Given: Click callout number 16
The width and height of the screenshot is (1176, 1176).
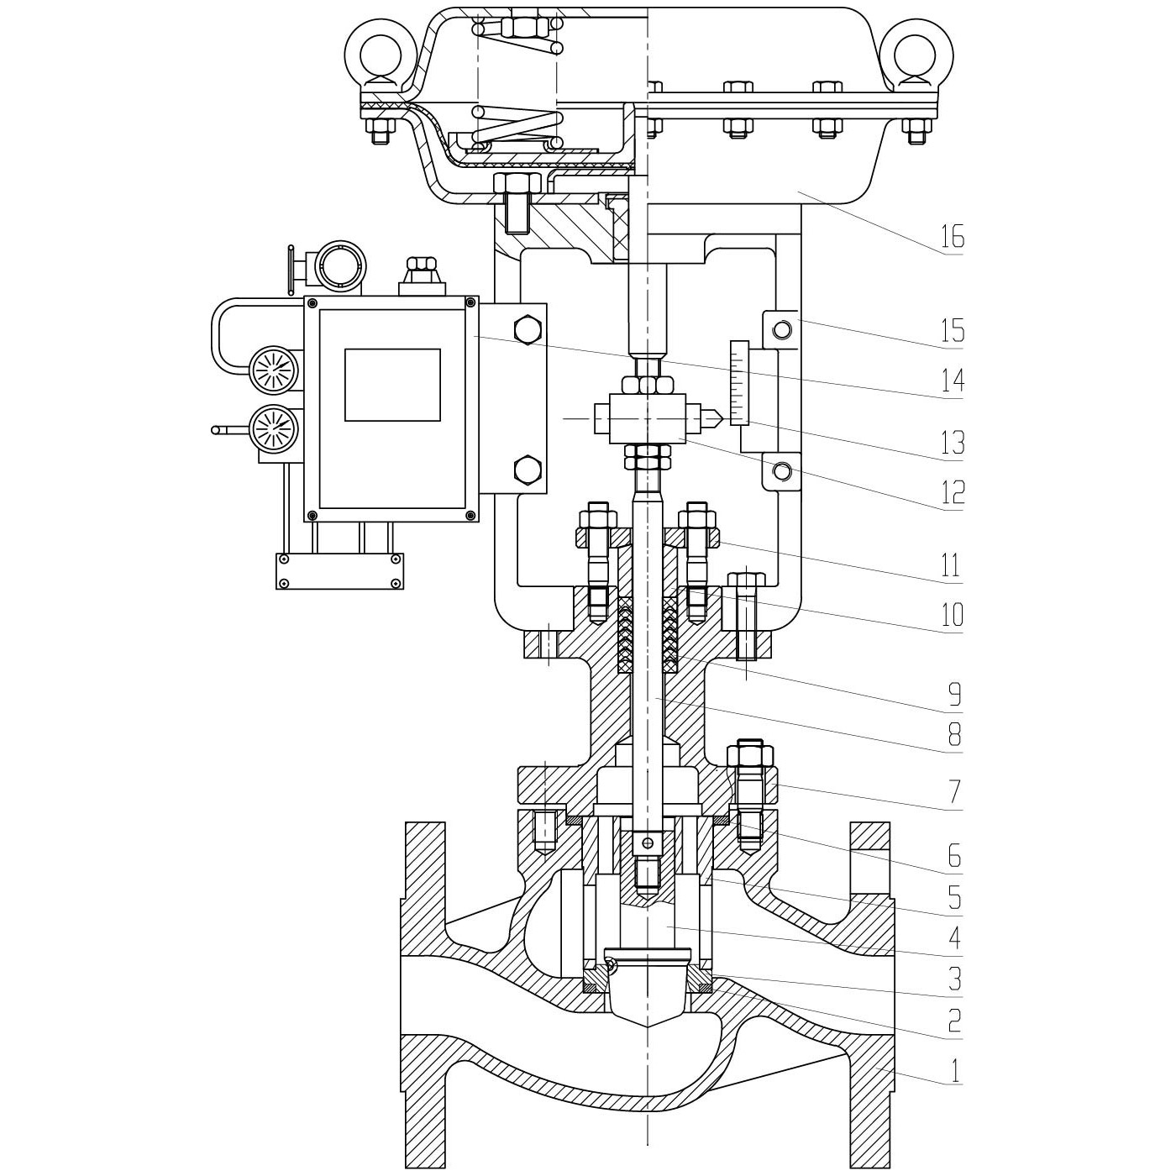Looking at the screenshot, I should coord(952,238).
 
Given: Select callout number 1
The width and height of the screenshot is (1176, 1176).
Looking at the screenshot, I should coord(953,1071).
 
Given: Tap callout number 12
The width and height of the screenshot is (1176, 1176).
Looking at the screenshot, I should coord(952,492).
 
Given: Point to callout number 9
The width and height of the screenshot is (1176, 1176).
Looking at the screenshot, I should coord(953,694).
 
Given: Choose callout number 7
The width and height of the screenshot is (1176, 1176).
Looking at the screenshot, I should coord(953,791).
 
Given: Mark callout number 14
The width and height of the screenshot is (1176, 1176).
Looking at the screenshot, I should coord(952,381).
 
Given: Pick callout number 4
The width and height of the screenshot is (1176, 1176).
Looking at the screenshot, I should coord(953,937).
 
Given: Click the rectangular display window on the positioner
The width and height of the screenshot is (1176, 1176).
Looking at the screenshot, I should coord(392,385).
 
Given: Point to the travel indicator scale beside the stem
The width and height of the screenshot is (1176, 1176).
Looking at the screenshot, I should coord(739,382).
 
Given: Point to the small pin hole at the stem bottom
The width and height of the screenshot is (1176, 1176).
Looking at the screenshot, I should coord(647,843).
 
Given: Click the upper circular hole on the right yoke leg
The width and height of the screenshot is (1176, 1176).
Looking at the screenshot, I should coord(782,329).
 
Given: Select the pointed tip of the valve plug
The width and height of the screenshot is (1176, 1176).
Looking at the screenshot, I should coord(648,1027).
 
